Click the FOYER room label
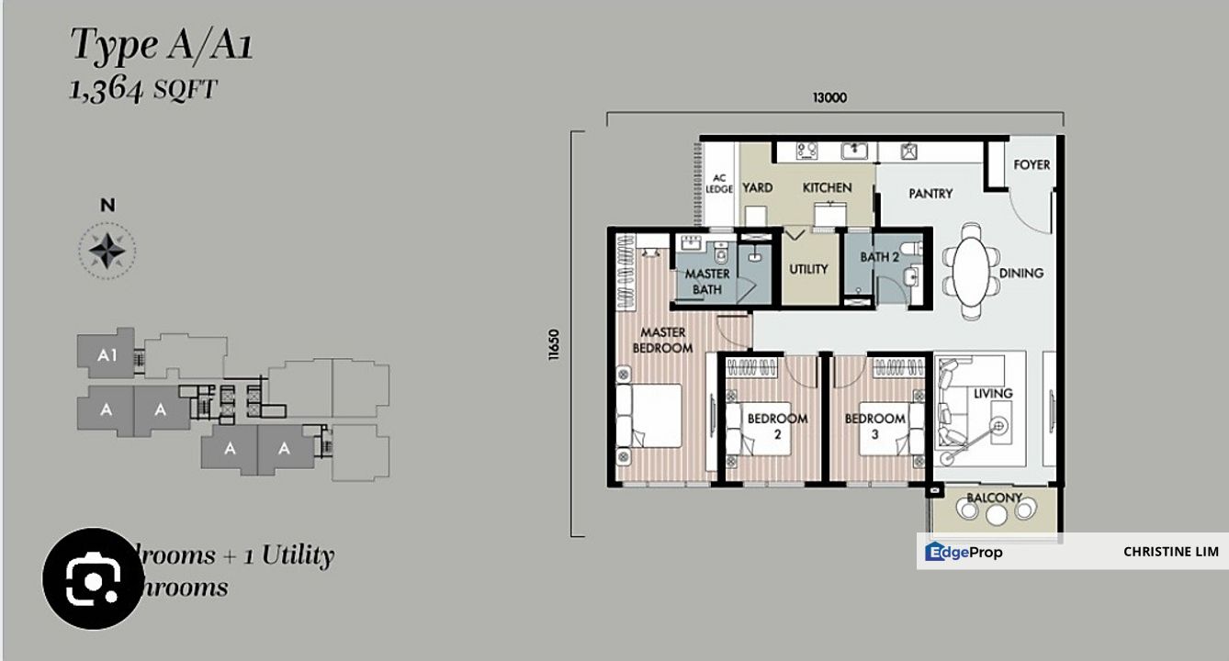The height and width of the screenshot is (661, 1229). [1032, 165]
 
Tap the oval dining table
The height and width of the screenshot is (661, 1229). [973, 271]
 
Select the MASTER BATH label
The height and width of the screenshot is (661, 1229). [707, 282]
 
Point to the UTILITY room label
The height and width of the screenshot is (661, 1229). [808, 269]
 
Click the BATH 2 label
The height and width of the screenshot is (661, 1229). [879, 257]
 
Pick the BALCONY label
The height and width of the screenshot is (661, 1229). [994, 499]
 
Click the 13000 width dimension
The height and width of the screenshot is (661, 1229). [829, 98]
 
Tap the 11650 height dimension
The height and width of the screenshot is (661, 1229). [554, 346]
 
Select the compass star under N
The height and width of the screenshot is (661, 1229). [107, 249]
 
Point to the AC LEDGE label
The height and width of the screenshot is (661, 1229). [719, 184]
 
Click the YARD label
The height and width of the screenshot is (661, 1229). [758, 188]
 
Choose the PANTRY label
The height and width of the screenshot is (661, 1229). [930, 194]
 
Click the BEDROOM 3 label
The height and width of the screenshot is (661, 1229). [874, 425]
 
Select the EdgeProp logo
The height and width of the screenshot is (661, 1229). [964, 552]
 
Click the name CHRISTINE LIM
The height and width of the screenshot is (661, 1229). [1170, 552]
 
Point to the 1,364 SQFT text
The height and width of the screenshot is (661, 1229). [143, 90]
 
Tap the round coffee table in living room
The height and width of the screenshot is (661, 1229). [998, 425]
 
